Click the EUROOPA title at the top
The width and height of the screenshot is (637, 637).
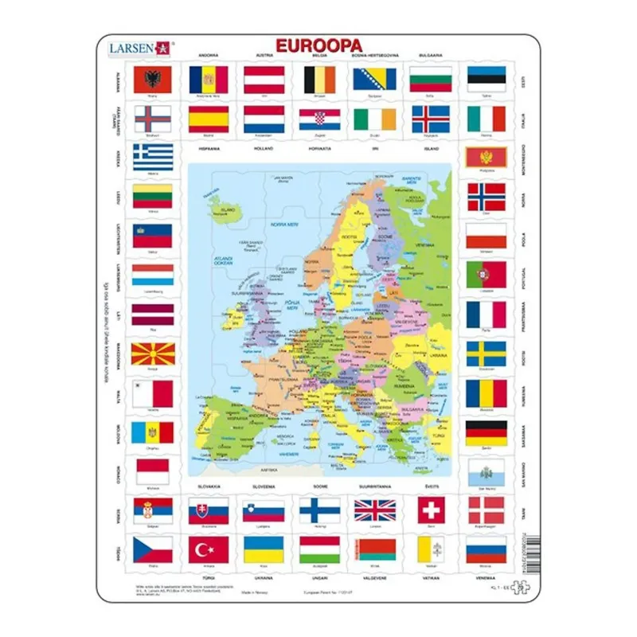318,45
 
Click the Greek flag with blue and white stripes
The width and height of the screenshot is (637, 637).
153,157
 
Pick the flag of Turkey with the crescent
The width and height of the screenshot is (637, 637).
209,549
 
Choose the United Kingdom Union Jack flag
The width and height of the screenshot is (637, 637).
374,510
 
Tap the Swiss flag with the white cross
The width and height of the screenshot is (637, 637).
431,510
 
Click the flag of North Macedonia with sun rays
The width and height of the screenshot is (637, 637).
153,354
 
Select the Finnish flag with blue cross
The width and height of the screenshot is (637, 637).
319,510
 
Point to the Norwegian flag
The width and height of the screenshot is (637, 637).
486,196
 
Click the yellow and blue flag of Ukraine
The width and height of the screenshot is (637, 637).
264,549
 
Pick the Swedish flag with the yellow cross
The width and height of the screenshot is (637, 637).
486,354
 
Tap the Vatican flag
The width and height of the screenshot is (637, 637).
431,549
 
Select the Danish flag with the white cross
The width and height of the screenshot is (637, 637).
486,510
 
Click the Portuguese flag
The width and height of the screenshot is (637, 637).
486,275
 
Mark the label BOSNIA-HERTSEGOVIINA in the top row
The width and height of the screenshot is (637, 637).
375,55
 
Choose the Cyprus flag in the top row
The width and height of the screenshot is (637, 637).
486,119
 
